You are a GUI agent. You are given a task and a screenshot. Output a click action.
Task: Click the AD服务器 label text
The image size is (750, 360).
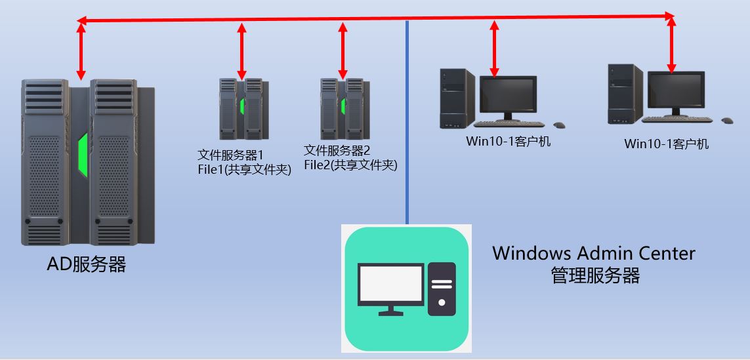86,265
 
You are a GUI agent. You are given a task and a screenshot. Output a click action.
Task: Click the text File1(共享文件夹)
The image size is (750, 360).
245,171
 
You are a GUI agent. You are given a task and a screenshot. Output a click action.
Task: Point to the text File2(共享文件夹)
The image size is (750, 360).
350,165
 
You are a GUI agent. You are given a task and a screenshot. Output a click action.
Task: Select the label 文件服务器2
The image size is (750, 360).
337,150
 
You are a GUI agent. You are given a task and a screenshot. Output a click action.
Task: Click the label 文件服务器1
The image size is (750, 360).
231,155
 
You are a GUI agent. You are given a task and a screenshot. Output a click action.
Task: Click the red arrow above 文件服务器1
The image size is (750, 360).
241,50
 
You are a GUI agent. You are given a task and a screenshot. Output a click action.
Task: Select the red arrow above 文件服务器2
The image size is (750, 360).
342,50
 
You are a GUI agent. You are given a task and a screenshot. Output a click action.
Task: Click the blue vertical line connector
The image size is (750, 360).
407,131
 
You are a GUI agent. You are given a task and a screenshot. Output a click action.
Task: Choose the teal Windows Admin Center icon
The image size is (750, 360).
407,289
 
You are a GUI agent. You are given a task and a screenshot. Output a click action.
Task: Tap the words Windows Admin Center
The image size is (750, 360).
593,253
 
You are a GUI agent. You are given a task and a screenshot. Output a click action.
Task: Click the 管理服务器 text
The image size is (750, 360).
595,275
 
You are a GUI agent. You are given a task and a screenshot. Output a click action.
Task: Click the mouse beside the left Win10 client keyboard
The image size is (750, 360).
559,125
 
